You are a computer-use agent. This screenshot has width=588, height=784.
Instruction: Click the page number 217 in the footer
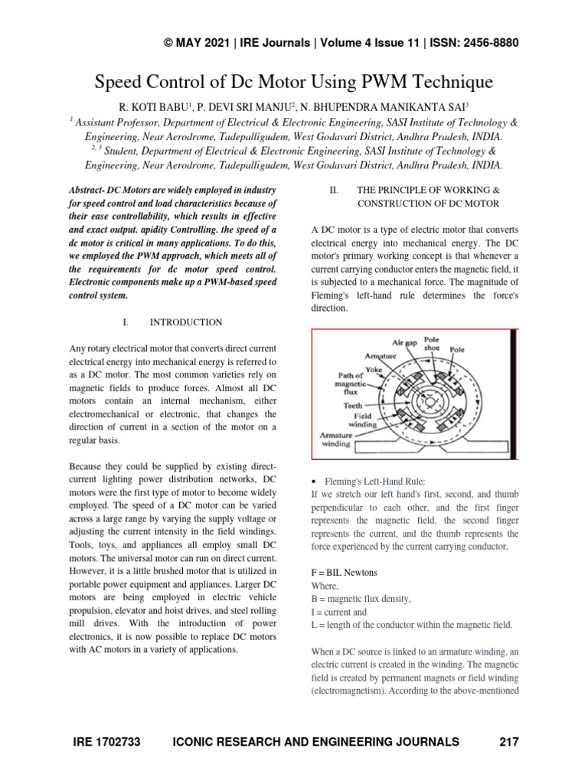pyautogui.click(x=508, y=742)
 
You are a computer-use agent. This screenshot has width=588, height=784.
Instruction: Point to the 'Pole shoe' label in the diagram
pyautogui.click(x=433, y=343)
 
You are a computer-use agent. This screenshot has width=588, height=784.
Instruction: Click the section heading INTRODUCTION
pyautogui.click(x=186, y=322)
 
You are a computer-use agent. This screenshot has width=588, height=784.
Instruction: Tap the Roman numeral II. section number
pyautogui.click(x=334, y=189)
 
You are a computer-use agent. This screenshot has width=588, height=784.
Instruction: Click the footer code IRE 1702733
pyautogui.click(x=109, y=742)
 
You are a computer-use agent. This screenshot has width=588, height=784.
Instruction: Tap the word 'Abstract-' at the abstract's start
pyautogui.click(x=93, y=189)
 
